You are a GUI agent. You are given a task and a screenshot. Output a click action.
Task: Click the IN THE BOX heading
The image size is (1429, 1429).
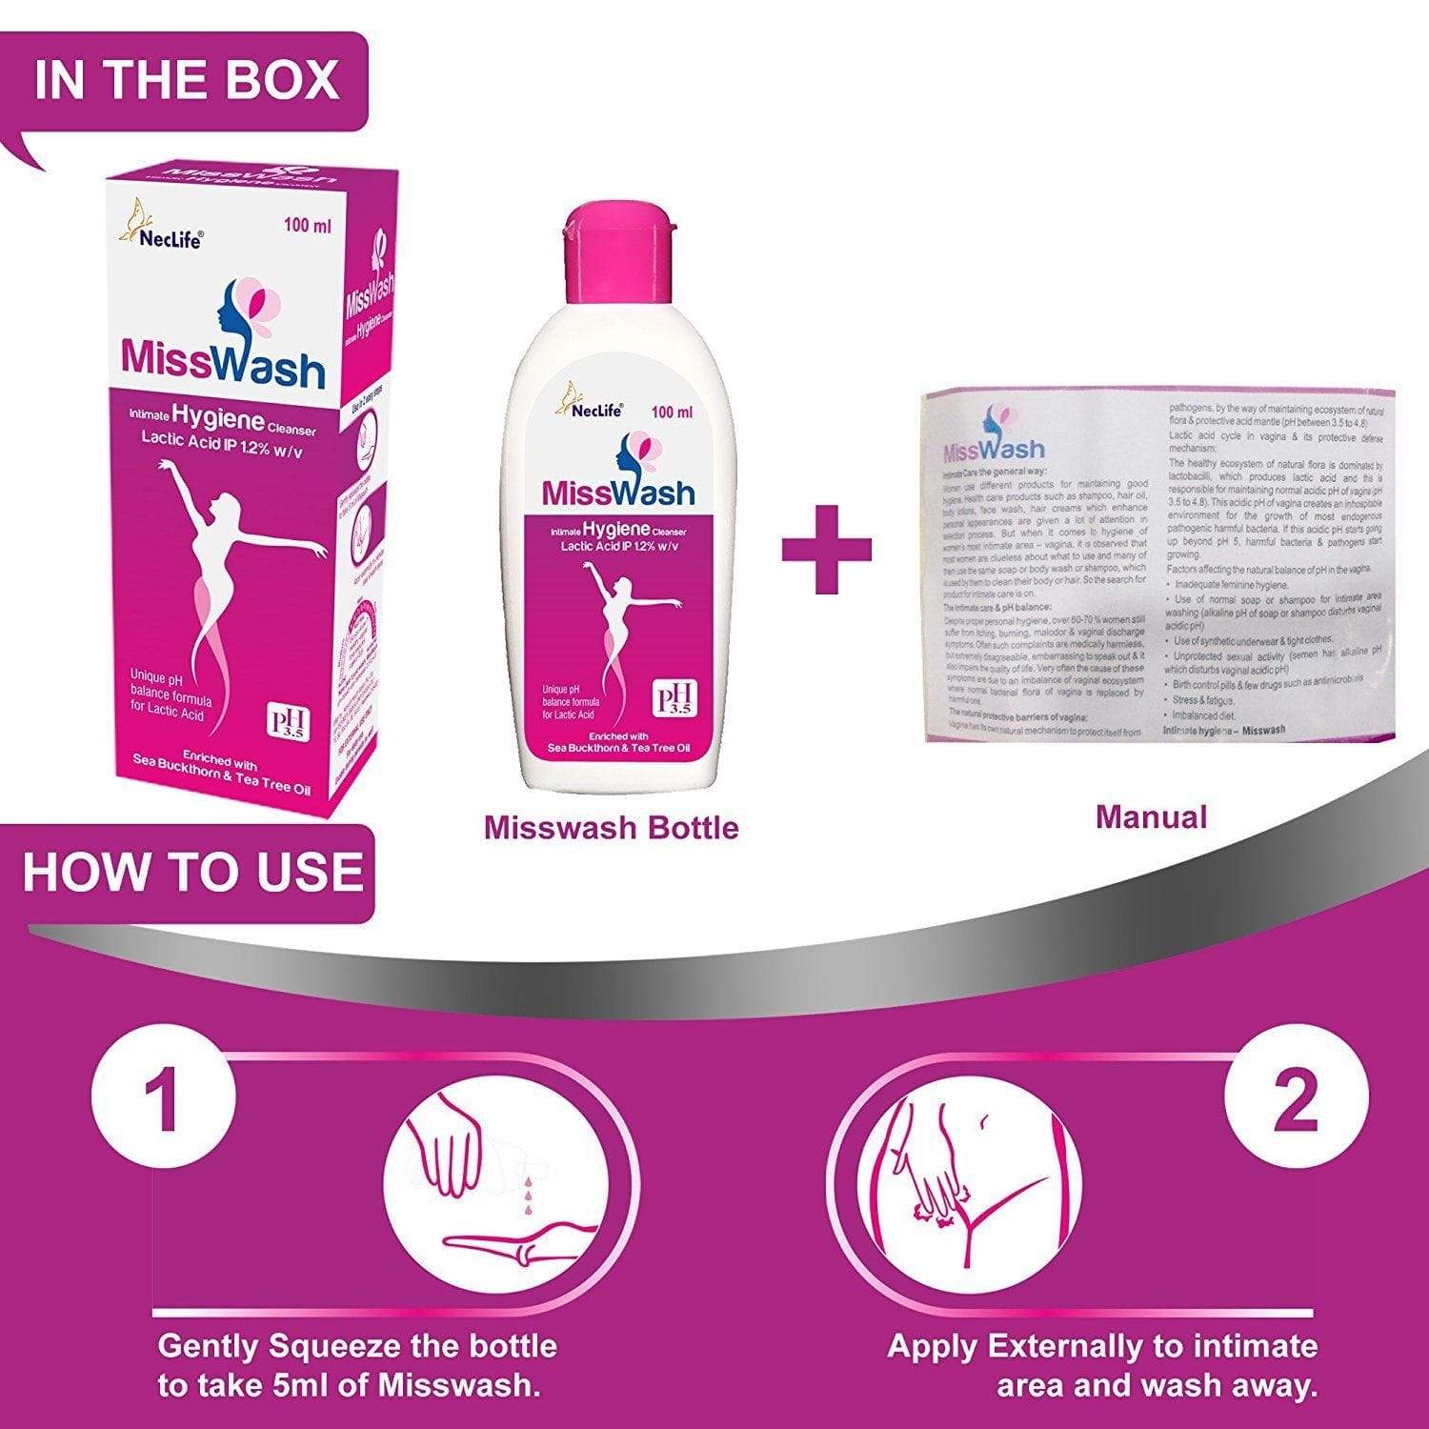pos(186,80)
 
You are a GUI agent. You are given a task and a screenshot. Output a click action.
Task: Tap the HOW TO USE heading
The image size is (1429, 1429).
pos(192,872)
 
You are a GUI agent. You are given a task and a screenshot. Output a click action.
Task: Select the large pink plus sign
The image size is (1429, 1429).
pos(827,549)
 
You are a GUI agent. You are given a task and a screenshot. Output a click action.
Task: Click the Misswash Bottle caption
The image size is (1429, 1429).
pos(611,827)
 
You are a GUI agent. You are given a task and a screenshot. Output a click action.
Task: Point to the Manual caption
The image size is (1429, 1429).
pos(1151,816)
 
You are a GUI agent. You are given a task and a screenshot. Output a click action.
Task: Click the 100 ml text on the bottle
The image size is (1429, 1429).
pos(672,413)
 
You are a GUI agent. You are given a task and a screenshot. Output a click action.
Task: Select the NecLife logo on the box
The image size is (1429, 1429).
pos(162,229)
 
